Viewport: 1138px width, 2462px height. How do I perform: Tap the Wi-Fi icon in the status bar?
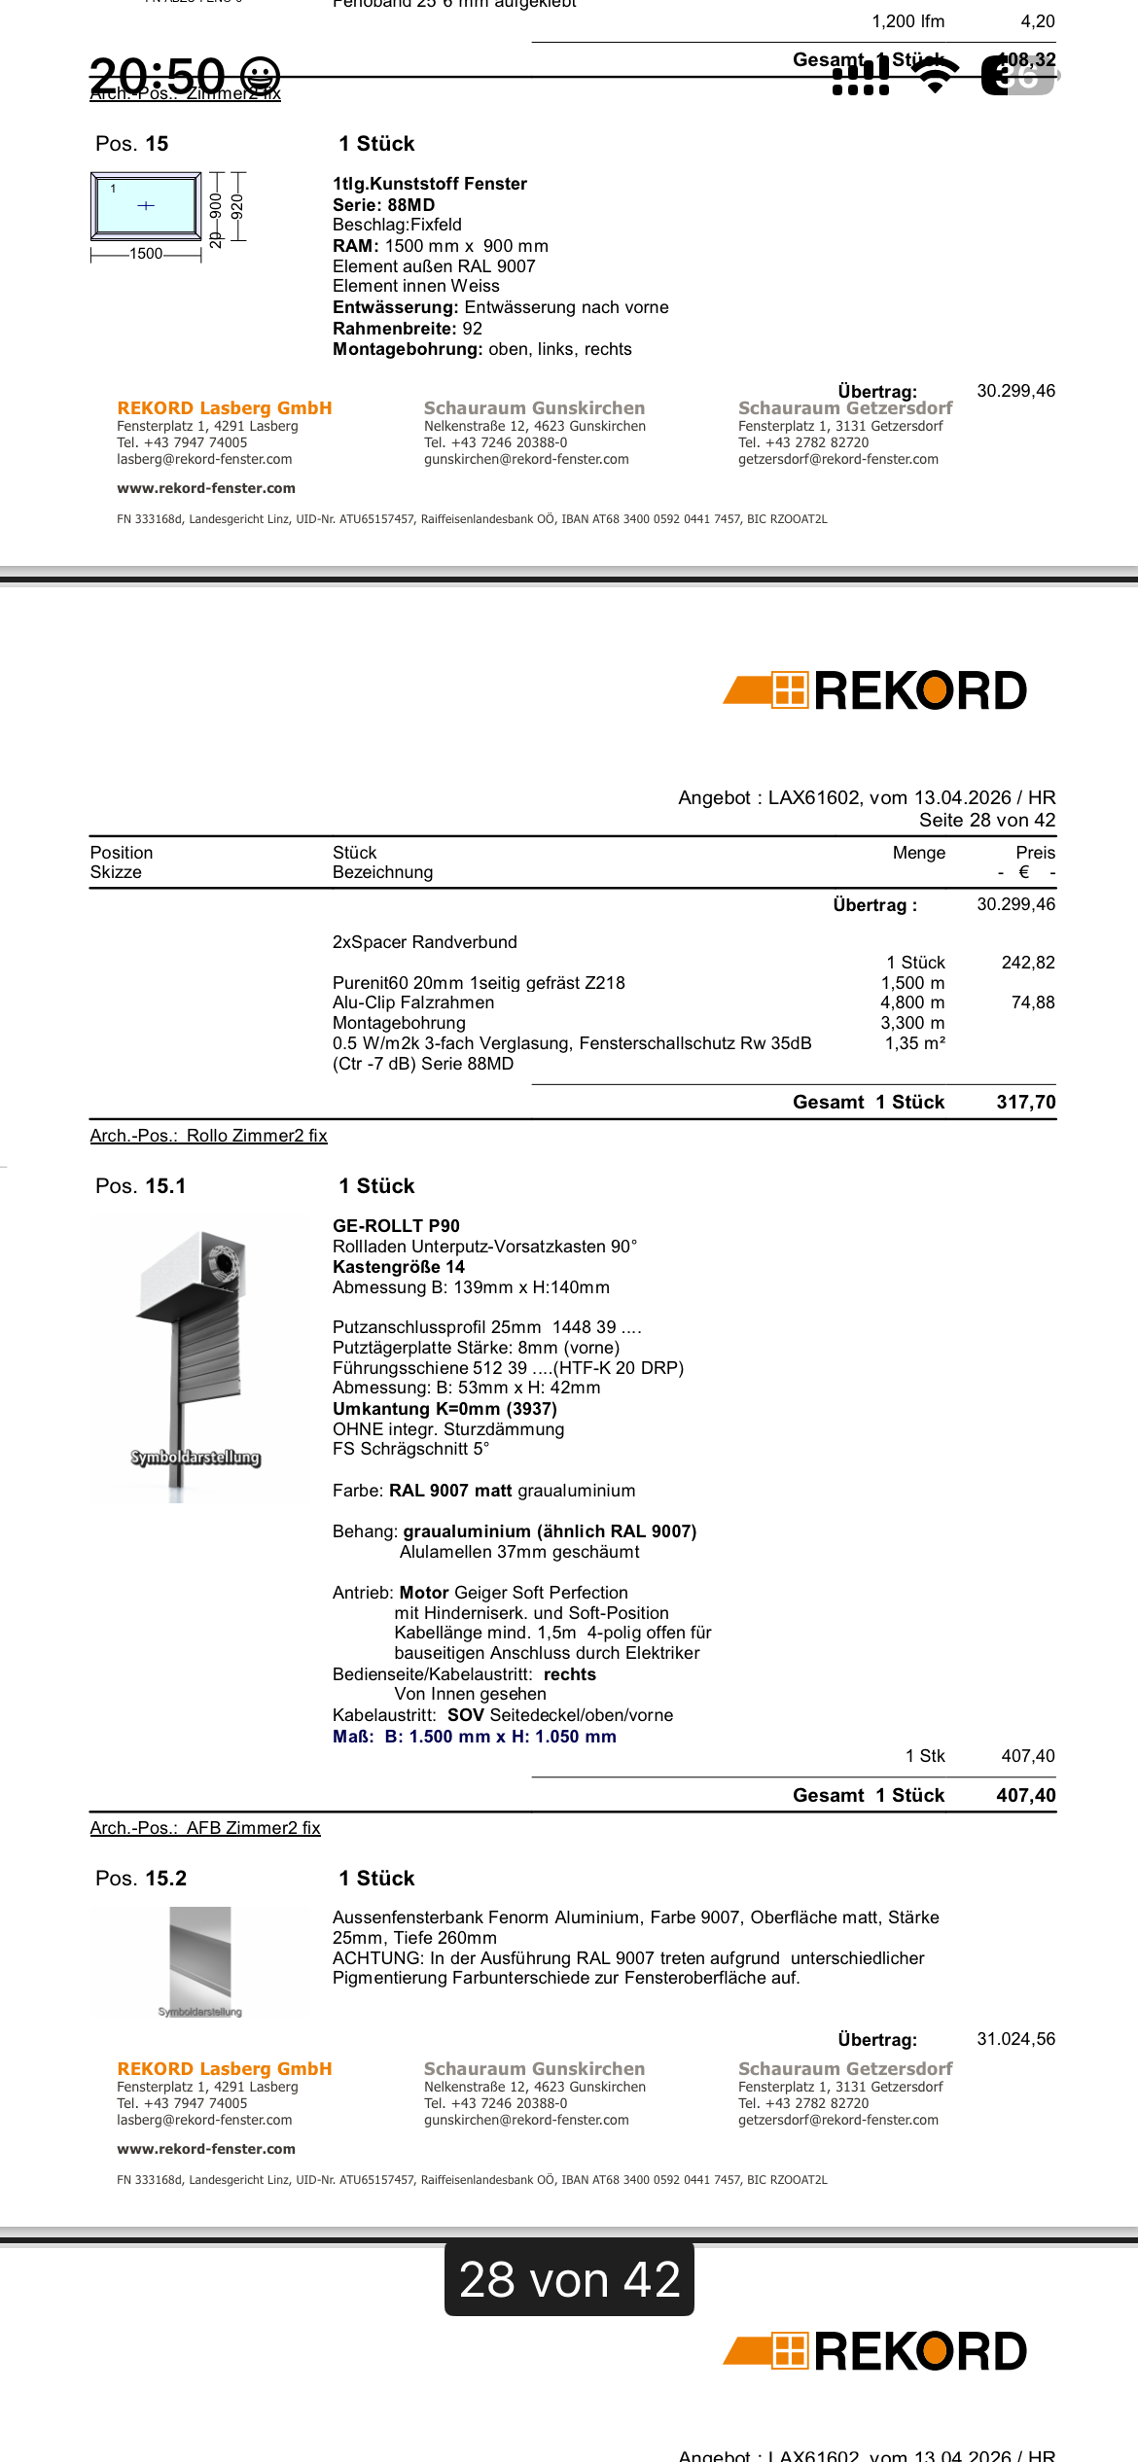pyautogui.click(x=936, y=74)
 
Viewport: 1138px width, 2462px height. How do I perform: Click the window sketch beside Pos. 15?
pyautogui.click(x=146, y=205)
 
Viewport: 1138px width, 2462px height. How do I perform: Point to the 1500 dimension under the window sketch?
pyautogui.click(x=146, y=254)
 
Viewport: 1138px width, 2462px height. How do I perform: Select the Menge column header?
pyautogui.click(x=918, y=853)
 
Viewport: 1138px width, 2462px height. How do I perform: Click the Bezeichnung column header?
pyautogui.click(x=382, y=872)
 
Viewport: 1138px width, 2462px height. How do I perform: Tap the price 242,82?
pyautogui.click(x=1027, y=963)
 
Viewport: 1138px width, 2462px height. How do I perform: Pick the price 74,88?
pyautogui.click(x=1032, y=1002)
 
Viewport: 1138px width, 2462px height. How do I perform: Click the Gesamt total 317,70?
pyautogui.click(x=1025, y=1102)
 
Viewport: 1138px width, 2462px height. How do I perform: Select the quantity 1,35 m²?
pyautogui.click(x=914, y=1043)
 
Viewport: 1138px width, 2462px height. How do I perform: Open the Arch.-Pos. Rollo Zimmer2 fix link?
pyautogui.click(x=208, y=1136)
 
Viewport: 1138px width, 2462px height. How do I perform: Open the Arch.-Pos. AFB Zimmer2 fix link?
pyautogui.click(x=205, y=1828)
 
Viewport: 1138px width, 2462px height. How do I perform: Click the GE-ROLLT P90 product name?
pyautogui.click(x=396, y=1226)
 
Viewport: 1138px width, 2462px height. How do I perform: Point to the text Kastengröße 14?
pyautogui.click(x=399, y=1267)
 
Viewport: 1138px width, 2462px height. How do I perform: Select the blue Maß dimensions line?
pyautogui.click(x=474, y=1737)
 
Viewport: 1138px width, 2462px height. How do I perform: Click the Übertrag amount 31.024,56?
pyautogui.click(x=1015, y=2039)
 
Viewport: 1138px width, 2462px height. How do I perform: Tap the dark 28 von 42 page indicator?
pyautogui.click(x=569, y=2279)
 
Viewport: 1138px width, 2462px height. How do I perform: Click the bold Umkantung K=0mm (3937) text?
pyautogui.click(x=445, y=1409)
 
